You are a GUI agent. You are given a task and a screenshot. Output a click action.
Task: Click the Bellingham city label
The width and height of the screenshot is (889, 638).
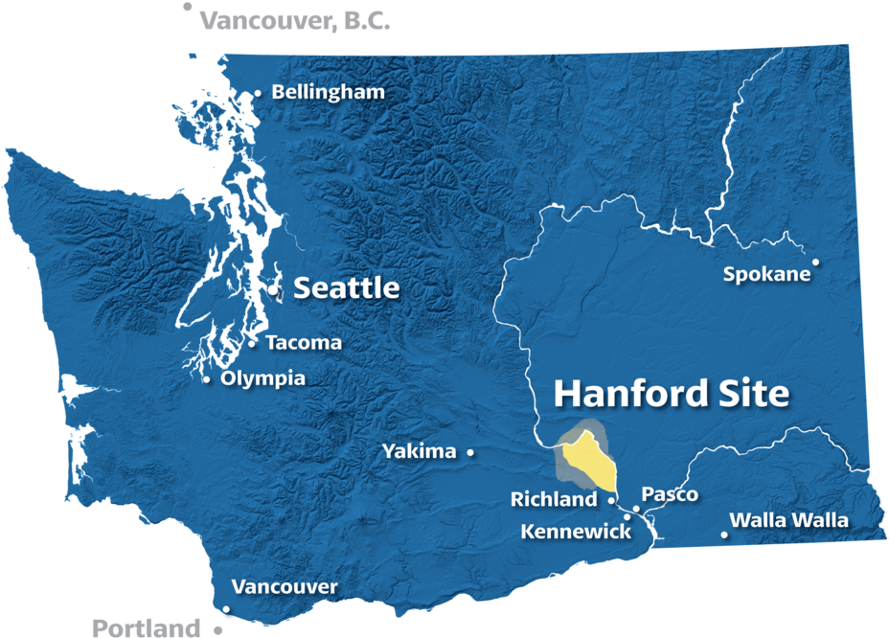328,92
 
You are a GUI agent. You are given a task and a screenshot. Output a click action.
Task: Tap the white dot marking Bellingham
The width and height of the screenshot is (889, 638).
258,93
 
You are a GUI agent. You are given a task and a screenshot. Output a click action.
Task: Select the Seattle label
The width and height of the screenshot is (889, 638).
346,287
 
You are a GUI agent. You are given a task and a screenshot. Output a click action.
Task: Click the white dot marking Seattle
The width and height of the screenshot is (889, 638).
273,288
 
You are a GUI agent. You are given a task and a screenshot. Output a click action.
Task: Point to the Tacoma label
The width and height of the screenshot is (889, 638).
303,343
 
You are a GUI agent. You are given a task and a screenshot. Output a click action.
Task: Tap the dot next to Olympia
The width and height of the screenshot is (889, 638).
207,379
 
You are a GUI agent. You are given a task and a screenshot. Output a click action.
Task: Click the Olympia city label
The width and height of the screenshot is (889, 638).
262,378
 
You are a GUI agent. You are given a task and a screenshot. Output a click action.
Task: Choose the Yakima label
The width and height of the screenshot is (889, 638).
419,451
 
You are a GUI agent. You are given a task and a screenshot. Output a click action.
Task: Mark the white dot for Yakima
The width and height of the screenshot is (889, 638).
470,452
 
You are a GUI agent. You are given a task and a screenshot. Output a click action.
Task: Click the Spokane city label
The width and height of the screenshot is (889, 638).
766,275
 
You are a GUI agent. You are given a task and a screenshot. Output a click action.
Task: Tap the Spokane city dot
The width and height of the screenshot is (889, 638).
816,262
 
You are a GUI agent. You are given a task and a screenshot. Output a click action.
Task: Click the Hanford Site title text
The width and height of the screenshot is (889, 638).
672,393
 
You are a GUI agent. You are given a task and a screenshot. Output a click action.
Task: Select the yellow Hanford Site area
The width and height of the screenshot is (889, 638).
588,460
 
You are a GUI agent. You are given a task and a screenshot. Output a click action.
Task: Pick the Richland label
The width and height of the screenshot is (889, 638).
554,499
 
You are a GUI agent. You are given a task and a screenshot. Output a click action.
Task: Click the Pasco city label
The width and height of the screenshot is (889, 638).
670,494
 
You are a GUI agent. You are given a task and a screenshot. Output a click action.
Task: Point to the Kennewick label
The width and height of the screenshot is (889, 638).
576,531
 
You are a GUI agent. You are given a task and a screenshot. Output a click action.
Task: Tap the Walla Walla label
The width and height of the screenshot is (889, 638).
788,520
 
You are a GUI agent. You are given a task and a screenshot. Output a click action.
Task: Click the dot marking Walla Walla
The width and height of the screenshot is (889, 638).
724,534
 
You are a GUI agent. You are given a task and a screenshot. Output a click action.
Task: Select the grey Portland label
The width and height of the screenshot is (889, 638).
146,628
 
